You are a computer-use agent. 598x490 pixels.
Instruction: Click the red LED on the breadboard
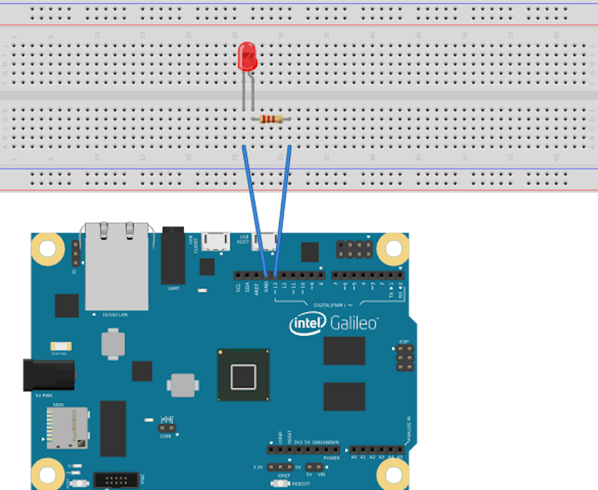click(x=248, y=57)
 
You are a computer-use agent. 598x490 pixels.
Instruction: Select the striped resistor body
click(x=270, y=119)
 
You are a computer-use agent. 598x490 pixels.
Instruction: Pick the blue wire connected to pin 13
click(x=283, y=211)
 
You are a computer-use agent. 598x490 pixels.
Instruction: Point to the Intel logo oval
click(x=308, y=324)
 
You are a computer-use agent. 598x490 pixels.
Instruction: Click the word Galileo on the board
click(x=354, y=322)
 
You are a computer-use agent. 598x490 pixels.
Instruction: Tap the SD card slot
click(x=67, y=427)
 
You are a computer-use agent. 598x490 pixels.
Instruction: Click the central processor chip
click(x=243, y=375)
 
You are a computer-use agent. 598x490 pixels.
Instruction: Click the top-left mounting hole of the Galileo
click(x=47, y=249)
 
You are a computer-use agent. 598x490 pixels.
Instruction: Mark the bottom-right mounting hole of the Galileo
click(x=393, y=475)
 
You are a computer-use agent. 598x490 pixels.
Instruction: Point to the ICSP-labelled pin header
click(x=405, y=357)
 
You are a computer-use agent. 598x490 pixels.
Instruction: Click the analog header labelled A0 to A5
click(x=376, y=450)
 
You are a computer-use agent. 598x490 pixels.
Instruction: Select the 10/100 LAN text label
click(x=116, y=315)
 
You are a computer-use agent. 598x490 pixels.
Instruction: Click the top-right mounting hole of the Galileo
click(x=393, y=249)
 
